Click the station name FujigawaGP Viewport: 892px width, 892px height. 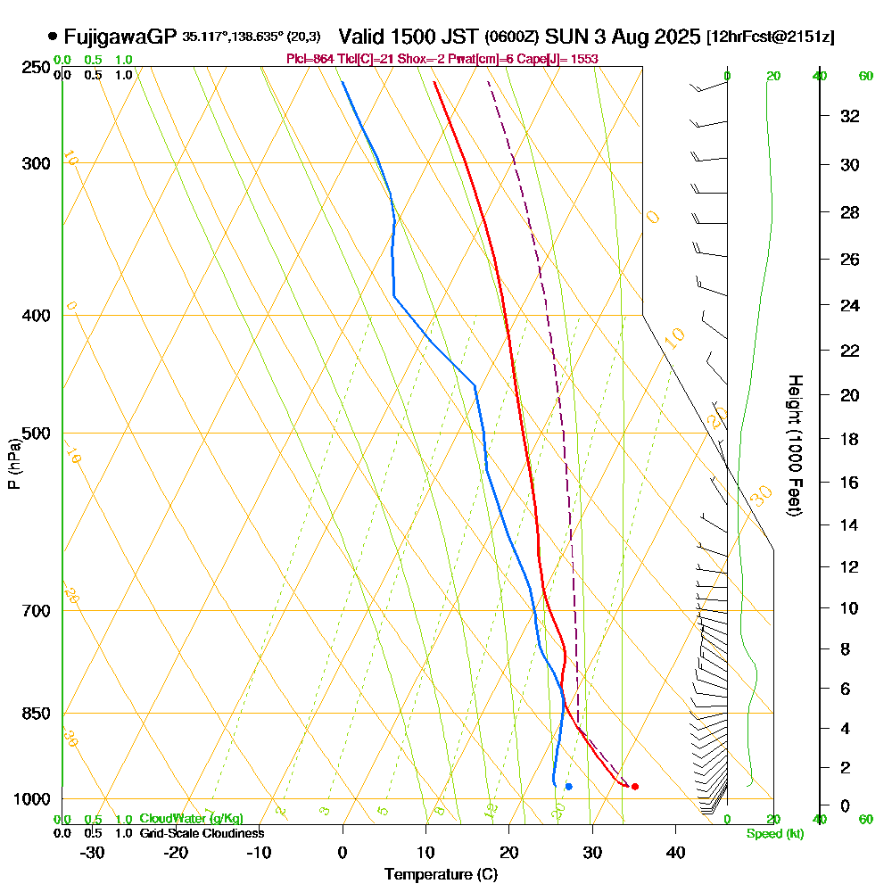(120, 37)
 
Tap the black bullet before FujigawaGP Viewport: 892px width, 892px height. (53, 37)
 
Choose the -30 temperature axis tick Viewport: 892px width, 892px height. (92, 853)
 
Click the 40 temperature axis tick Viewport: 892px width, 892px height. (675, 853)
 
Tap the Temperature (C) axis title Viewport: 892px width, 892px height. (441, 875)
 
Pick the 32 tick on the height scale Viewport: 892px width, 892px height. (850, 116)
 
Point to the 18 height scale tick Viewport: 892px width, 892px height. (850, 439)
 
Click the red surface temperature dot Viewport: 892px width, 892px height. (634, 787)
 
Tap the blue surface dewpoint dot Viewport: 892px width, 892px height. (568, 786)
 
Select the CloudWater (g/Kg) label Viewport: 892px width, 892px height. (191, 819)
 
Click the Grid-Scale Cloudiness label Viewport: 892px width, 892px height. (202, 833)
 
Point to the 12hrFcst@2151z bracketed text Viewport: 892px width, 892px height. (770, 37)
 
